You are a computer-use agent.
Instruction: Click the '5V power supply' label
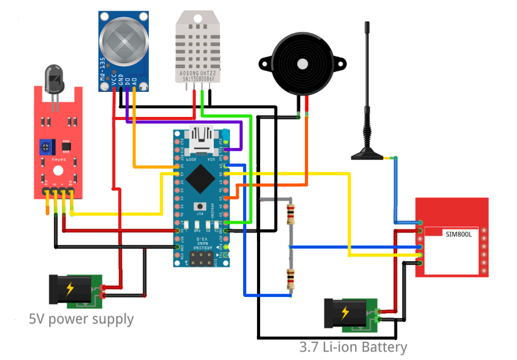coord(81,319)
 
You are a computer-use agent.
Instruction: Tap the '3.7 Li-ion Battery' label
coord(353,347)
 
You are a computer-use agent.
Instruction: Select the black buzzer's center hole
coord(303,64)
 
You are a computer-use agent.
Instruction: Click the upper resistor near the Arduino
coord(289,214)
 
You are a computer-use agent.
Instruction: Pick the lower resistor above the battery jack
coord(289,278)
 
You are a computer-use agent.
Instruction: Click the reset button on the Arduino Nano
coord(201,207)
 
